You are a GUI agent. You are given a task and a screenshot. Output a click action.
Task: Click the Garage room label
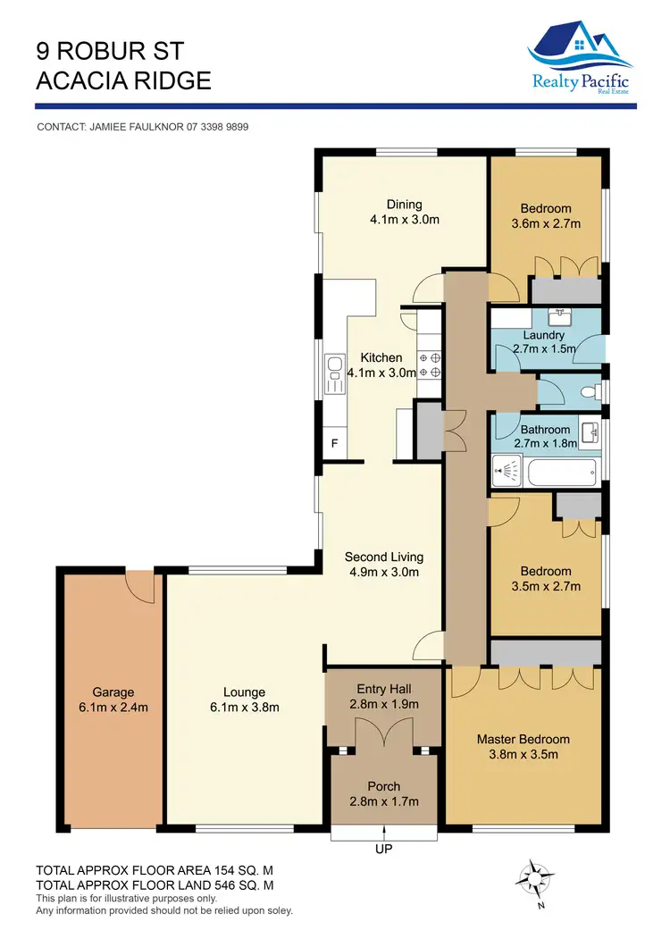point(113,691)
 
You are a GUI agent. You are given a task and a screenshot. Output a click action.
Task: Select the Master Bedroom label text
point(523,739)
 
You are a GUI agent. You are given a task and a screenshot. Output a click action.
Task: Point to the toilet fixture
point(590,391)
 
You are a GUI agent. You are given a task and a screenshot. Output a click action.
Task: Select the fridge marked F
point(335,443)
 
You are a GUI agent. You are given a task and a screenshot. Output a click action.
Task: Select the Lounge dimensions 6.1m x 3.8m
point(244,708)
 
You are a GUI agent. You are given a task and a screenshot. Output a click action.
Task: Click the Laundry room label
point(543,335)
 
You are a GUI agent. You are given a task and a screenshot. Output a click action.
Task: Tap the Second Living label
point(383,557)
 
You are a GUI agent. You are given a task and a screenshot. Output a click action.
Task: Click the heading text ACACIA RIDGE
point(123,80)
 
